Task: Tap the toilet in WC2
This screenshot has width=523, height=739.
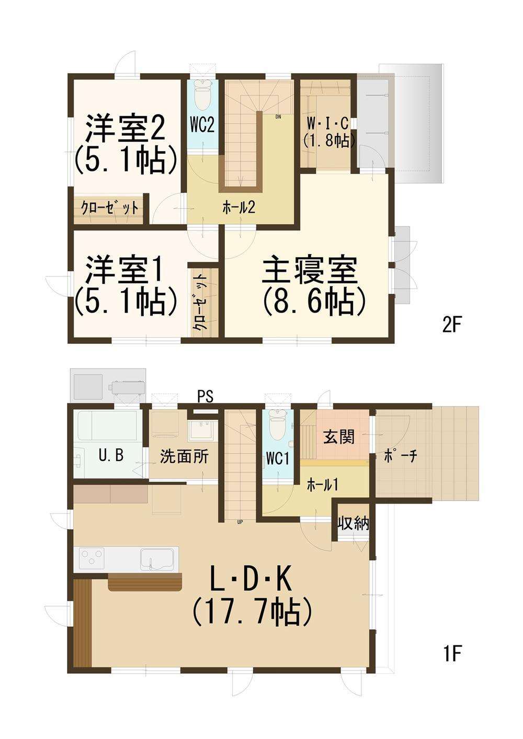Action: (x=202, y=94)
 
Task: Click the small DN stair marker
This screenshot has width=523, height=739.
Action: (x=278, y=117)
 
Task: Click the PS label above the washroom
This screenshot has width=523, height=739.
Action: (x=206, y=396)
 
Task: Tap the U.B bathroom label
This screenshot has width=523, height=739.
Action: (x=111, y=456)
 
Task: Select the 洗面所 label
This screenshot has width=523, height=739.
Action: (x=184, y=457)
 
